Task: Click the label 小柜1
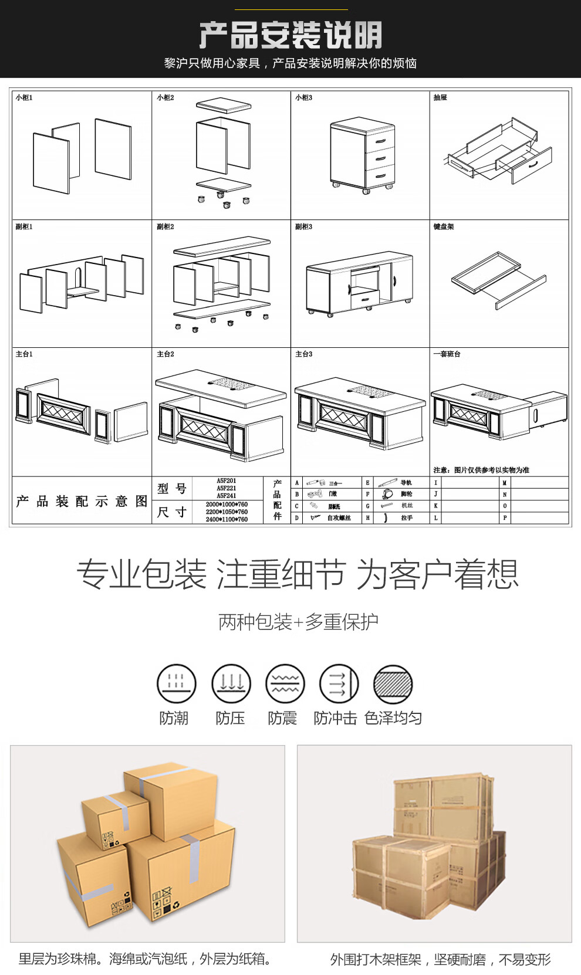point(24,98)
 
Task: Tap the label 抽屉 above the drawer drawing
point(440,98)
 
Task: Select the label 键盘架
point(444,227)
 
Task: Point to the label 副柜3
point(303,227)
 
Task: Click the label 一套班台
point(447,354)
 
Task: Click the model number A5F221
point(227,488)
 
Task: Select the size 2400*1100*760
point(227,519)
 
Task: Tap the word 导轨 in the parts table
point(406,483)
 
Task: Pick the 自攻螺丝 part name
point(339,518)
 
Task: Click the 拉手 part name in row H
point(407,518)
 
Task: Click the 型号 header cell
point(172,488)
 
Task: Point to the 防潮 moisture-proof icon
point(176,684)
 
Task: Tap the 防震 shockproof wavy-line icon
point(285,684)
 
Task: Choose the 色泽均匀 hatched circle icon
point(393,684)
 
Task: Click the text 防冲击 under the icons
point(335,718)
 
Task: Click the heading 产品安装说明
point(290,35)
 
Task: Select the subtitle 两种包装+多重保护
point(298,622)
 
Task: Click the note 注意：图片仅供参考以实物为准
point(481,470)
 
